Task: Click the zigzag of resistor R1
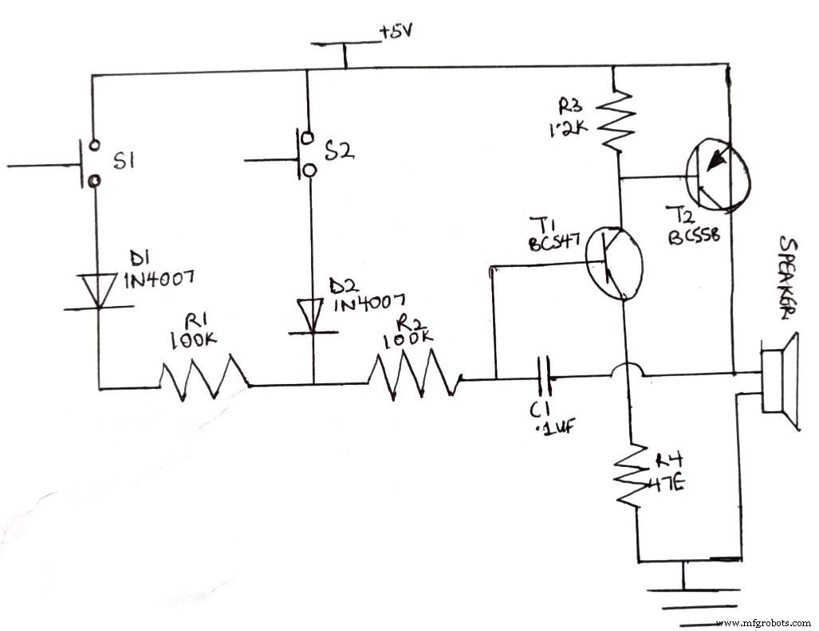click(x=204, y=378)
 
